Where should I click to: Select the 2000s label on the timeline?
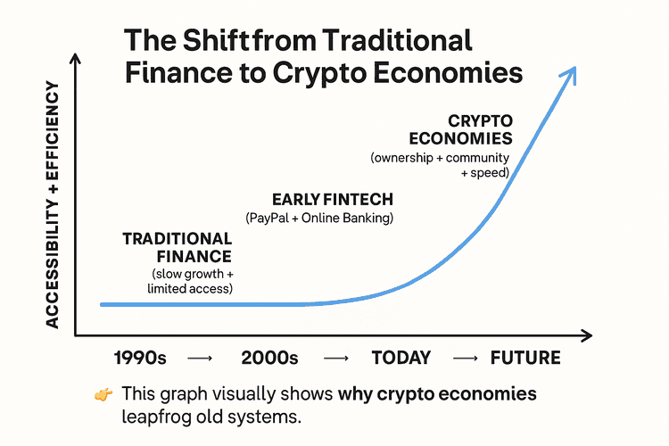coord(269,359)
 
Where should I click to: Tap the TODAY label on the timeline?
coord(401,359)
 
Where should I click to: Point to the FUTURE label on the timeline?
coord(525,359)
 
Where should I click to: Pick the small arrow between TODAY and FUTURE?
coord(466,359)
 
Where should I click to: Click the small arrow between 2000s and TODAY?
coord(335,359)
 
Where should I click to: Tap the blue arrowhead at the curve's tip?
coord(571,73)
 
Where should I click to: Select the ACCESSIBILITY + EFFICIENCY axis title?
coord(53,205)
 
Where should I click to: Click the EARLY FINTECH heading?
coord(333,199)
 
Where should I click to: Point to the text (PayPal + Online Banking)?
coord(319,219)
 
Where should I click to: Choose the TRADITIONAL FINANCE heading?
coord(178,248)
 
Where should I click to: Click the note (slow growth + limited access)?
coord(189,280)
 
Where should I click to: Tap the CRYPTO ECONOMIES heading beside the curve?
coord(467,129)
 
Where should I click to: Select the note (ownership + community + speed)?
coord(441,165)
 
